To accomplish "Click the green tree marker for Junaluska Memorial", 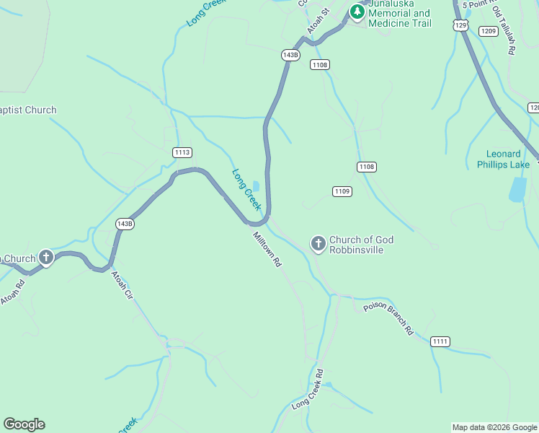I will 357,12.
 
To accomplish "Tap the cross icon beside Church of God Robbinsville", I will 318,245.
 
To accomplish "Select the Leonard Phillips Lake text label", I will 503,159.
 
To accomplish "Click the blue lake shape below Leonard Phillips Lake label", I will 517,188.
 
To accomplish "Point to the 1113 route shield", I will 182,152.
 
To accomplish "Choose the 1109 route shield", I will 342,191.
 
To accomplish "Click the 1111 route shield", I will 440,341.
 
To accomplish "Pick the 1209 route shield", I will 488,31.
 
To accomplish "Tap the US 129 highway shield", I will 461,25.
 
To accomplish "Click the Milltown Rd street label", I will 266,250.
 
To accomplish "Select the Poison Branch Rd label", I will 388,318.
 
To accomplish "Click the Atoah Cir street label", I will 122,285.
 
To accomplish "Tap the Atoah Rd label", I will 12,291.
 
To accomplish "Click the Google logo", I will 24,424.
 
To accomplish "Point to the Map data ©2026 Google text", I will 494,427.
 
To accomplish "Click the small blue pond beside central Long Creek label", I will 256,186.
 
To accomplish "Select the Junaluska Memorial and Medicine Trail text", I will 399,18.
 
